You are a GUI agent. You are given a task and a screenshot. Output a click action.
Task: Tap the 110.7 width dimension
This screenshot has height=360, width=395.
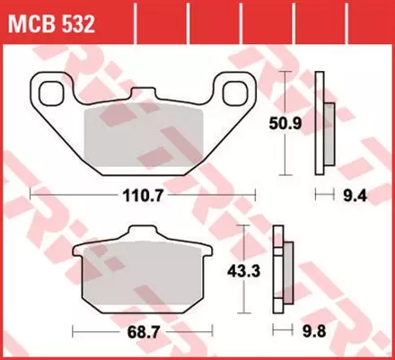[x=141, y=192]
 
